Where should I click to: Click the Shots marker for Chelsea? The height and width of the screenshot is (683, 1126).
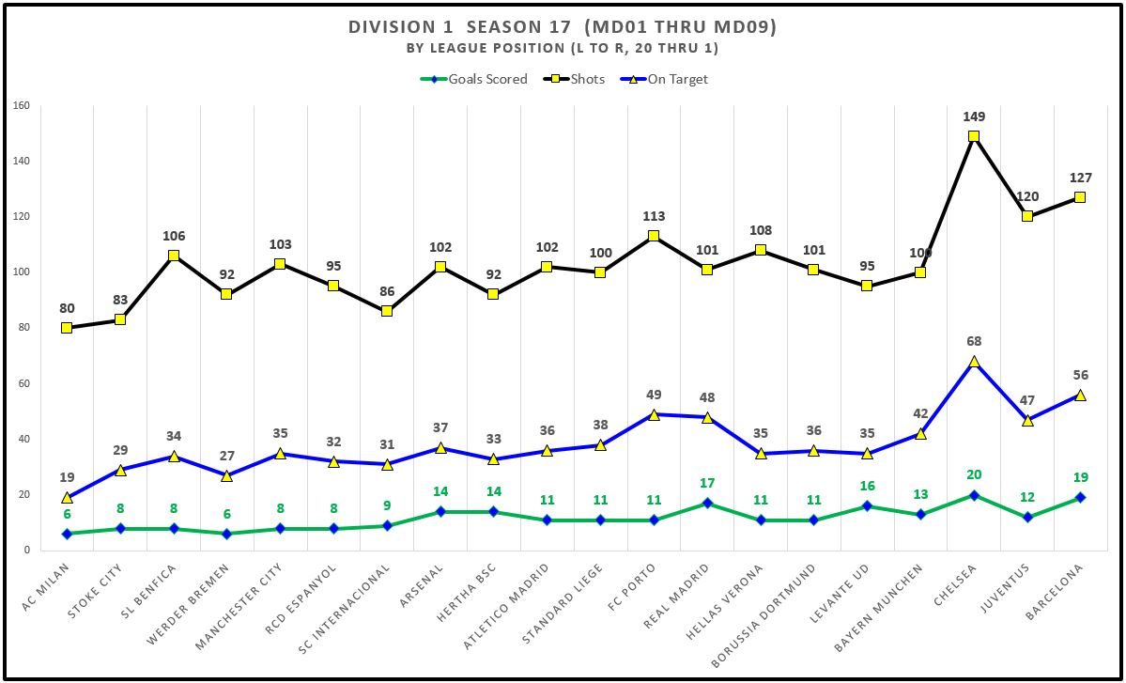(974, 136)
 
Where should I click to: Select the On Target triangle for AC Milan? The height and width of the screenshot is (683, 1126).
(67, 497)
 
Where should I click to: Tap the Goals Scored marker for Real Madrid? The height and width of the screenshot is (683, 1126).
(707, 503)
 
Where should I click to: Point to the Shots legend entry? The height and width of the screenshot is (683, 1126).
(576, 79)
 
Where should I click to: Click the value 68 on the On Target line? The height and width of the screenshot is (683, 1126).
(974, 342)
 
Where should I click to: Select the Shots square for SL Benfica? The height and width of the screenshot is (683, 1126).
(174, 256)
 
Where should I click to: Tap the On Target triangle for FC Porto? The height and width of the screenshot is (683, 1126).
(654, 413)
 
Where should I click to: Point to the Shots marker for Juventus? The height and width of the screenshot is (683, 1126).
(1027, 216)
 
